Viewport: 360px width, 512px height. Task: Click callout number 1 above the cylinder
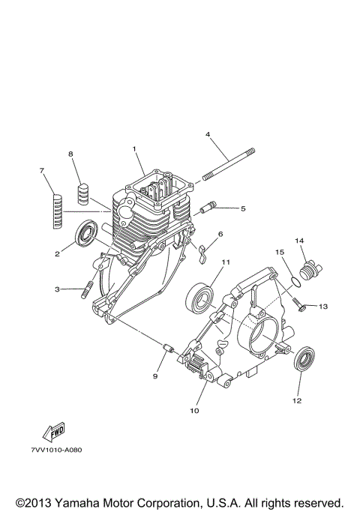click(136, 148)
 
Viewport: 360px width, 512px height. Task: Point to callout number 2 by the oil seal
click(56, 254)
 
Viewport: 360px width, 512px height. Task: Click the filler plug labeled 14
click(307, 268)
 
